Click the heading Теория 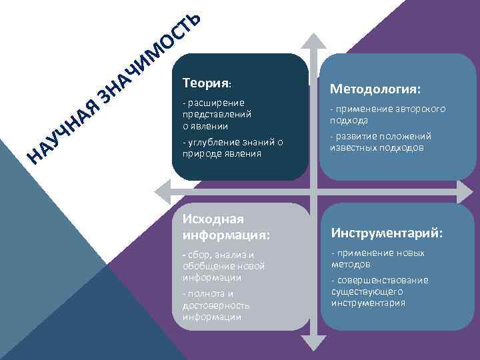[x=205, y=83]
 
